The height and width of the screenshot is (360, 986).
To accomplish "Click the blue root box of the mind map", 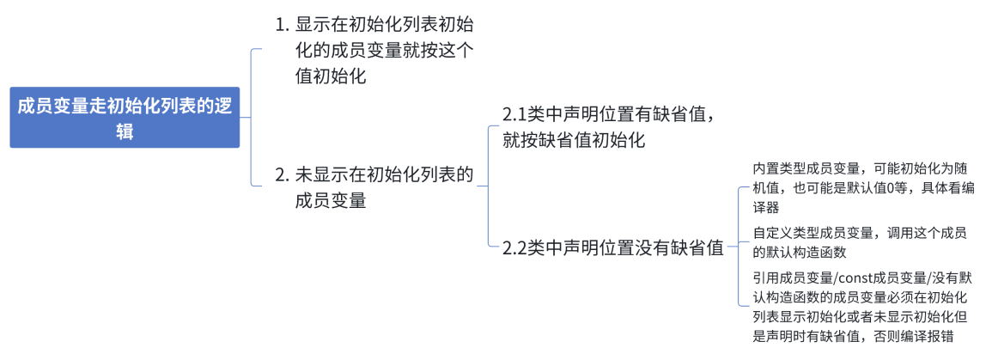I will coord(125,118).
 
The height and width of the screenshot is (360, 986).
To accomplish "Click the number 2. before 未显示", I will coord(282,175).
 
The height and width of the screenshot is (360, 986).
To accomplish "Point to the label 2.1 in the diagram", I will coord(514,114).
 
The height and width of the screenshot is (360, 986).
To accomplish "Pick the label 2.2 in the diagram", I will coord(514,247).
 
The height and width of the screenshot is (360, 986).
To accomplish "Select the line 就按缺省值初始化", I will coord(574,139).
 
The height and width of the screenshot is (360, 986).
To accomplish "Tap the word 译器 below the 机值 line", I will coord(765,207).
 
